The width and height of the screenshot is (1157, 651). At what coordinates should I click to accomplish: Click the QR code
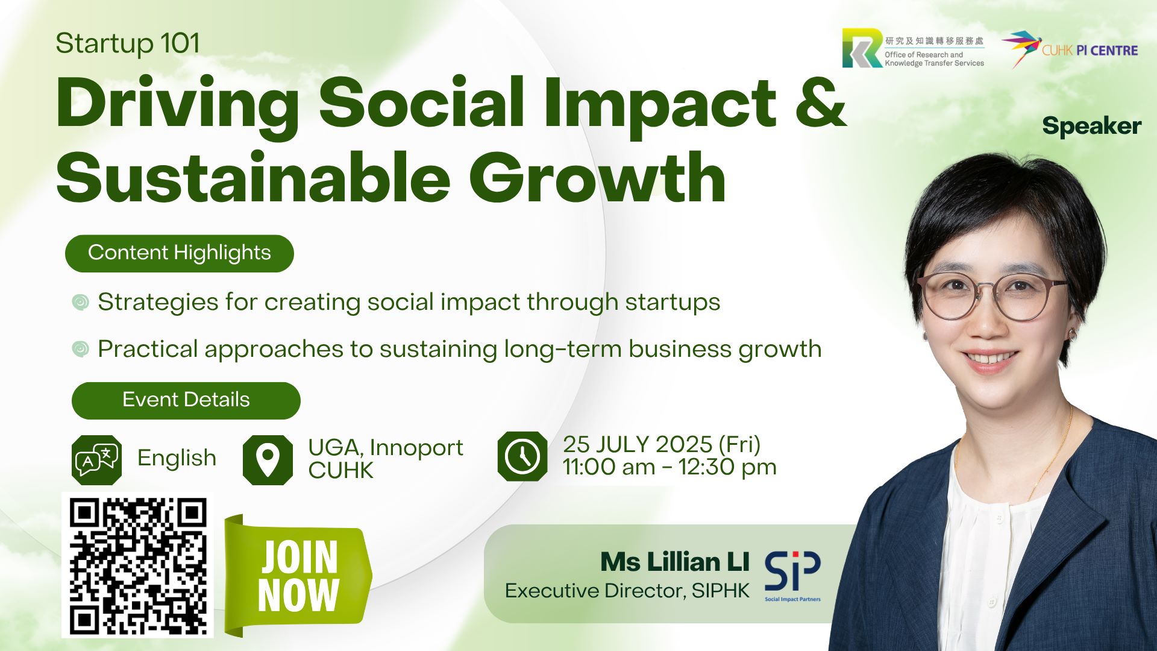coord(137,565)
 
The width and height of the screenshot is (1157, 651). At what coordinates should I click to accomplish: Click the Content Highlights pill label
coord(180,253)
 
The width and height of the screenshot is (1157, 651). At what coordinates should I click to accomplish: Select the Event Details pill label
coord(186,400)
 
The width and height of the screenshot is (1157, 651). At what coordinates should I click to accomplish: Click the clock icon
coord(522,456)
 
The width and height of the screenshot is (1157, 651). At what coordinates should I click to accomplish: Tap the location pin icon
coord(268,460)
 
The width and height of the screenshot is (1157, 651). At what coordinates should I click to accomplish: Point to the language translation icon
coord(96,460)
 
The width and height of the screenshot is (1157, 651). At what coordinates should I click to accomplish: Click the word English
coord(177,458)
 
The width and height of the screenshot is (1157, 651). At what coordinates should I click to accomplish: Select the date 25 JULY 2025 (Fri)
coord(662,445)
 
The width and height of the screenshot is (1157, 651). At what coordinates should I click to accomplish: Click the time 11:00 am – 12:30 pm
coord(669,467)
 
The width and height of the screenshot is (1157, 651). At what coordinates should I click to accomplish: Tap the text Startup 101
coord(128,43)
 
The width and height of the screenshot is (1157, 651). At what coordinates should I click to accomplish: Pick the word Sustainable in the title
coord(254,178)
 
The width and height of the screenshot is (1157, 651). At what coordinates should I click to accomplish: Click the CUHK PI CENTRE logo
coord(1070,49)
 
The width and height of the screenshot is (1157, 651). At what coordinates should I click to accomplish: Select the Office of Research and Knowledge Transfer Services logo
coord(914,48)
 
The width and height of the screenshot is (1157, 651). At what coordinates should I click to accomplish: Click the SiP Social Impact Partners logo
coord(792,576)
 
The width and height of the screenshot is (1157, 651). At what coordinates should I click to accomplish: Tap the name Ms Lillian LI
coord(675,562)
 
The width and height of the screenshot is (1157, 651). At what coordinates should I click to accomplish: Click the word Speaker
coord(1092,126)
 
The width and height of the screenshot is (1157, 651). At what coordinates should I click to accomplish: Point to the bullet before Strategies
coord(80,302)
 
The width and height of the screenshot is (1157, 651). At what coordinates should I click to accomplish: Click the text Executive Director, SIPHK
coord(627,591)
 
